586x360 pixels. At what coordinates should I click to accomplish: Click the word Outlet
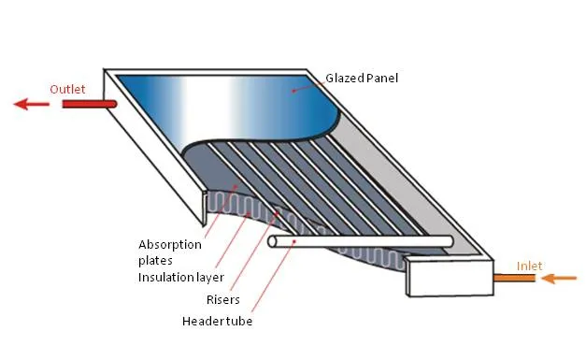(67, 89)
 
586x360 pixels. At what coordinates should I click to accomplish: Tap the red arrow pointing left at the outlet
(32, 104)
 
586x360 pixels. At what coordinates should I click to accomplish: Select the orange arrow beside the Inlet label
(560, 277)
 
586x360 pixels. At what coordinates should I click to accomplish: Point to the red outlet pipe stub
(88, 104)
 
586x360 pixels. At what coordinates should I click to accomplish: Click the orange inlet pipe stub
(514, 277)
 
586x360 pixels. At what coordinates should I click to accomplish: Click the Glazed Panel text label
(362, 79)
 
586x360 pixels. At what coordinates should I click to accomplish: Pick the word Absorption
(170, 246)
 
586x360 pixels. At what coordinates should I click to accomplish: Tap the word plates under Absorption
(154, 261)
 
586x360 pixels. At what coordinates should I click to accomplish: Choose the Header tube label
(219, 322)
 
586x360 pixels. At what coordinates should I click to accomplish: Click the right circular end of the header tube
(450, 240)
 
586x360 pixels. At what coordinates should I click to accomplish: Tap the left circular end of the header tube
(272, 242)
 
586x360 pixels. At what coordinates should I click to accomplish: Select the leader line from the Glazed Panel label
(308, 84)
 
